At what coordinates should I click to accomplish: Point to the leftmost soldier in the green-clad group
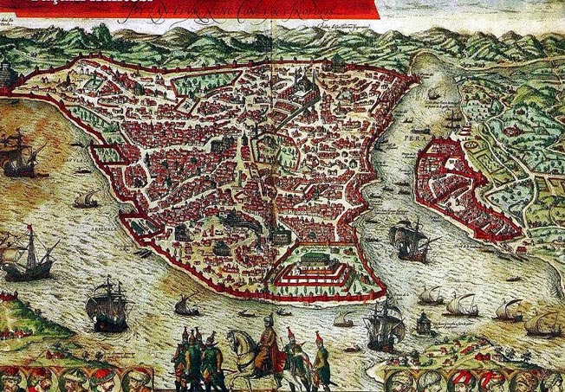[x=179, y=355]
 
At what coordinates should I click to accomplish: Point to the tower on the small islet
[x=423, y=323]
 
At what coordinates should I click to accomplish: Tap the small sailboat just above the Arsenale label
[x=85, y=200]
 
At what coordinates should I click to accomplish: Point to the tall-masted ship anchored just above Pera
[x=451, y=119]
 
